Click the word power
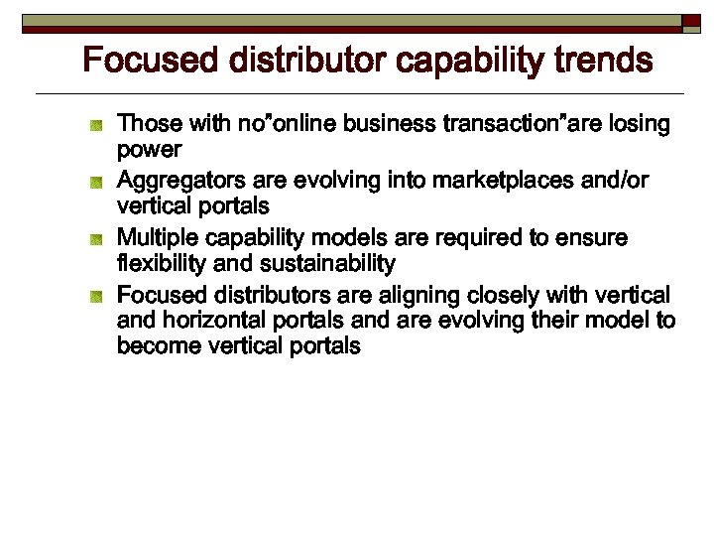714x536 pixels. (149, 150)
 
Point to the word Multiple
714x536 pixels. (157, 238)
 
